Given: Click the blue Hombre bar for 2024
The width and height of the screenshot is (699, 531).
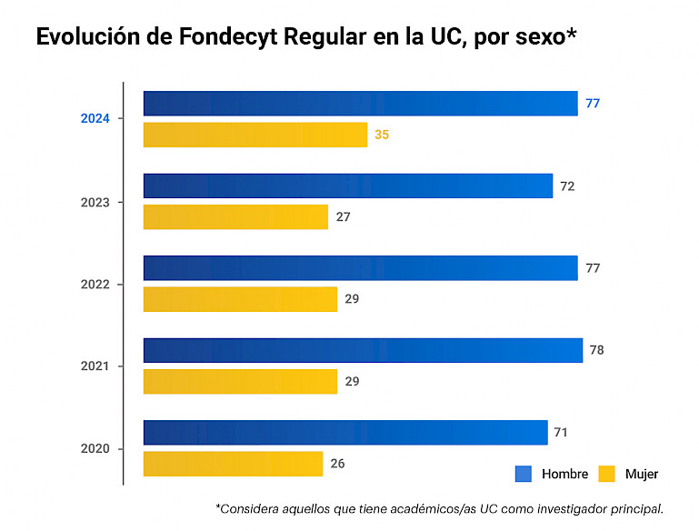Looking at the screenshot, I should point(360,104).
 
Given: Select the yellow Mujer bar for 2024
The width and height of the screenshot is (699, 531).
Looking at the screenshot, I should point(255,135).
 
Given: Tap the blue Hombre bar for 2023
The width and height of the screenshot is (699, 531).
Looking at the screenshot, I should point(348,185).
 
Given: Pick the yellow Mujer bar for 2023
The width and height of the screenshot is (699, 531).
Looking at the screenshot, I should point(235,217).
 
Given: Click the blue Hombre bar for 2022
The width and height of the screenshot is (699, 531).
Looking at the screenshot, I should point(360,268).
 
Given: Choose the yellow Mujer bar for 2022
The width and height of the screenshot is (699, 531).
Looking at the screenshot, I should point(240,299).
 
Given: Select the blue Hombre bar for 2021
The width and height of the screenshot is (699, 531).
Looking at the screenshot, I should point(363,350).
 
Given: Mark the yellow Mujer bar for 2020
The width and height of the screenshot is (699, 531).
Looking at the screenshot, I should point(233,464).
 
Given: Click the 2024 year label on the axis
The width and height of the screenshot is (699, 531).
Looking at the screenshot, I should point(95,119).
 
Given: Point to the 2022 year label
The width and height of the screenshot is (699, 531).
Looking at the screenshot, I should point(95,284).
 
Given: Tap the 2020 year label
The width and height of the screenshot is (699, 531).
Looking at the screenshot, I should point(95,448).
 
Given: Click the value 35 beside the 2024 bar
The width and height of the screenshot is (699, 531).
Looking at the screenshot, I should point(382,135).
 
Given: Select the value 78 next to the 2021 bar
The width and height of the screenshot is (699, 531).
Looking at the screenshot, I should point(597,350).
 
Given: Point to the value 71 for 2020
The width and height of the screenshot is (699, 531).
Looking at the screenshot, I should point(561,432).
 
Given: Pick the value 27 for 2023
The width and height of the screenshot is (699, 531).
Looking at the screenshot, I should point(343,217).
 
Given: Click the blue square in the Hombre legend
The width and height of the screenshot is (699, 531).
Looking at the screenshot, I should point(523,474).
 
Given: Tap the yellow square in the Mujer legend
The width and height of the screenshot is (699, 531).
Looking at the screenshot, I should point(607,474).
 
